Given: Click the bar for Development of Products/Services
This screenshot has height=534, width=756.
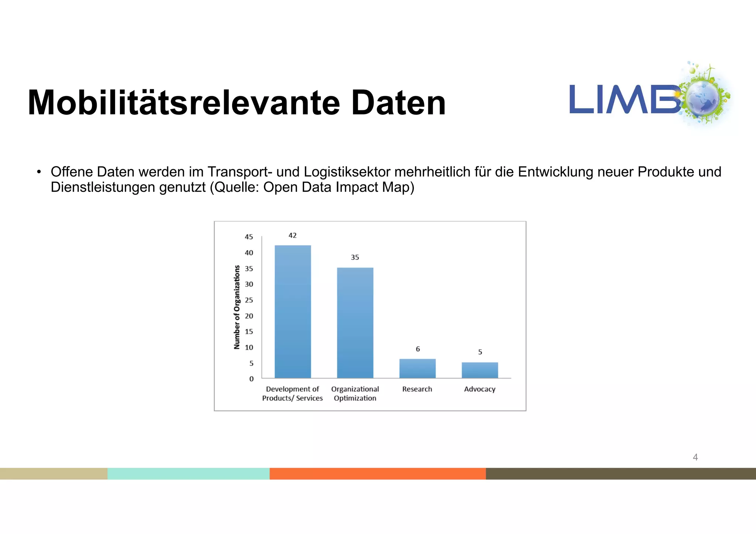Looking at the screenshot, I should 293,311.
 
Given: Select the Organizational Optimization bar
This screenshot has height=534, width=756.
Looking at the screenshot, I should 355,323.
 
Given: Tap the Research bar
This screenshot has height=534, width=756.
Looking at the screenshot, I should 417,368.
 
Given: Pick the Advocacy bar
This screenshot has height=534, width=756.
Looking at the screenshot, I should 480,370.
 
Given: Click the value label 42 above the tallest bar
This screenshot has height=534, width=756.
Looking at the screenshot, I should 292,235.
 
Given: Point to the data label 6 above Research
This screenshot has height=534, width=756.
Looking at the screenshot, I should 418,349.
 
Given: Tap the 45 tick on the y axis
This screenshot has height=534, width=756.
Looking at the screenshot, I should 249,237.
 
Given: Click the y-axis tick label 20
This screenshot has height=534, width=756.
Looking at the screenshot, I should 249,316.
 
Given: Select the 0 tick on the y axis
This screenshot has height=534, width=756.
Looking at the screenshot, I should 251,379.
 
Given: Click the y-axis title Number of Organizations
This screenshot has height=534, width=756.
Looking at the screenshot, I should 237,307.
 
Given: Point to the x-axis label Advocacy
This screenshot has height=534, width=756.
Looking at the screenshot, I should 480,389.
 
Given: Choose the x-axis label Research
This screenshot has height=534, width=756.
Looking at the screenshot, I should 417,389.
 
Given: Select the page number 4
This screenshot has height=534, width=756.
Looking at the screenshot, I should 695,457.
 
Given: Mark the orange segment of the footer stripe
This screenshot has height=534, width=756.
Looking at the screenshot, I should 378,473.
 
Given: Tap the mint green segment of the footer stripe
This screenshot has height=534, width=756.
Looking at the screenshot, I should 188,473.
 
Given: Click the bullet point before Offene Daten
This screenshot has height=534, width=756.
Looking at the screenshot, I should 38,172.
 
